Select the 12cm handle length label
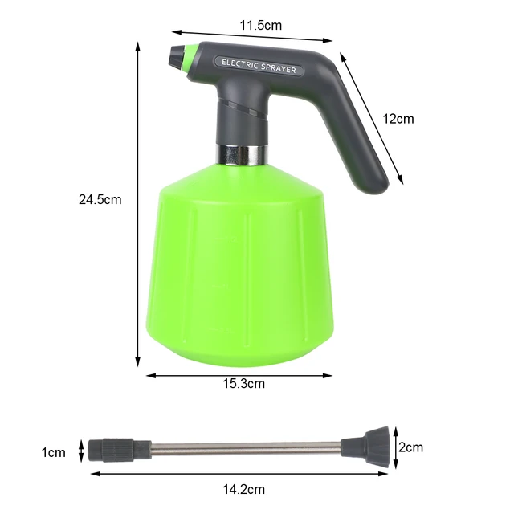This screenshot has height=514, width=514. coord(398,119)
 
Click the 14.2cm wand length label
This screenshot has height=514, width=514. coord(243,488)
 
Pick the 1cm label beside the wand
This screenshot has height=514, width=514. coord(53,453)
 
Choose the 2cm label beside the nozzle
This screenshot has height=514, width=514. coord(411,447)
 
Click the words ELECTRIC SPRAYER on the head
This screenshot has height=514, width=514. coord(259,65)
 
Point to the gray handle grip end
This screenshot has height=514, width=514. coord(376,181)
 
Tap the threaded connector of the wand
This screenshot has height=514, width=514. coord(112,447)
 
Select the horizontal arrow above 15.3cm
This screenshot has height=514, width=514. coord(239,374)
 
